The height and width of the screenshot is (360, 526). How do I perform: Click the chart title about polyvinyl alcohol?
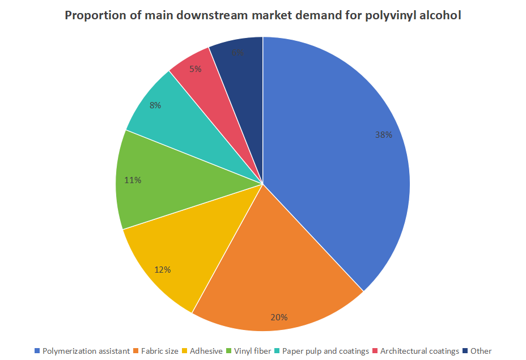tap(262, 15)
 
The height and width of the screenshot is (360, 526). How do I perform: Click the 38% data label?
tap(383, 135)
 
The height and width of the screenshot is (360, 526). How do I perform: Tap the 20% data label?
tap(279, 317)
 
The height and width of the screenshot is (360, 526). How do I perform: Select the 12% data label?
tap(163, 270)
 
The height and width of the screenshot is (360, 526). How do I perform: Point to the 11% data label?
tap(133, 180)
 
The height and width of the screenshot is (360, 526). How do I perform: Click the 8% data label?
tap(155, 105)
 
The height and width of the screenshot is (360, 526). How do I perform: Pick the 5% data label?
tap(195, 69)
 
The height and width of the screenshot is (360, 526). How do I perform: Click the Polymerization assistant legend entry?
tap(86, 351)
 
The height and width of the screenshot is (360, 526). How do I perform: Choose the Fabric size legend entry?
tap(159, 351)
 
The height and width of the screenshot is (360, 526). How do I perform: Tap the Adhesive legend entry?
tap(206, 351)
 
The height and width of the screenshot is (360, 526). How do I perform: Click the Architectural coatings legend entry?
tap(419, 351)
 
